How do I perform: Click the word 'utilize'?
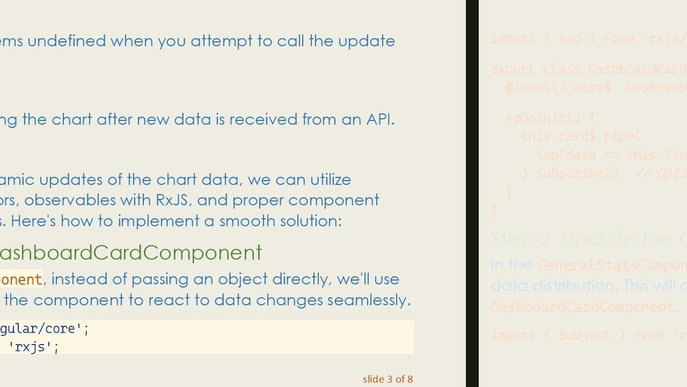pyautogui.click(x=331, y=180)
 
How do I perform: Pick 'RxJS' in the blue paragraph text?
pyautogui.click(x=172, y=200)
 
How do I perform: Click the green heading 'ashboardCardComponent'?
pyautogui.click(x=130, y=253)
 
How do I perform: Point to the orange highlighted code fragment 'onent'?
pyautogui.click(x=21, y=279)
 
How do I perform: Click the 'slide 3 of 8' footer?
pyautogui.click(x=388, y=379)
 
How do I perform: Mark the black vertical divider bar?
pyautogui.click(x=472, y=193)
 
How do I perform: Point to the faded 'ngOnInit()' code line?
pyautogui.click(x=550, y=118)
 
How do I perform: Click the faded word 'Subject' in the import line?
pyautogui.click(x=584, y=335)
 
